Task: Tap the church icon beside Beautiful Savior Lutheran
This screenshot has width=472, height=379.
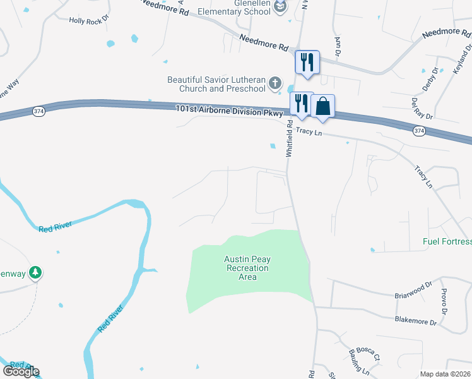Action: point(275,83)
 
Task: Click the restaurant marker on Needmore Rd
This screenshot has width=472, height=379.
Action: point(307,62)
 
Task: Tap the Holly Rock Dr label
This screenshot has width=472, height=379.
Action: point(89,21)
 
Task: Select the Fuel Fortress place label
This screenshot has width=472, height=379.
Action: point(447,242)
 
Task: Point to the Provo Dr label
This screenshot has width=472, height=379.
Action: point(444,303)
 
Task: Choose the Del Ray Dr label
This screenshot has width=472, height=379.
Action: point(422,108)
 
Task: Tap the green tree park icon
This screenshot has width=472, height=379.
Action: point(37,272)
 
